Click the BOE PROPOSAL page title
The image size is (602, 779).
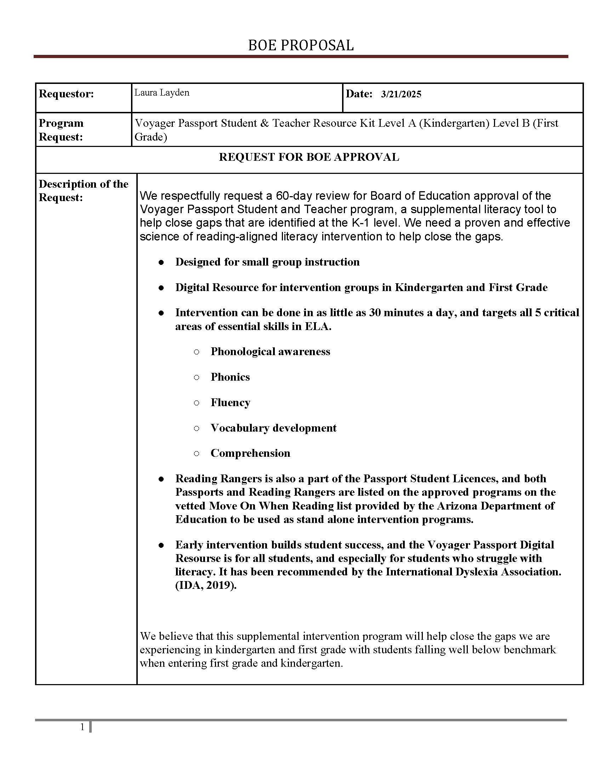coord(301,45)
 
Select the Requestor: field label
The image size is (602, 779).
coord(66,94)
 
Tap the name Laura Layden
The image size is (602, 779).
coord(161,93)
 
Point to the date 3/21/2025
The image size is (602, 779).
coord(401,94)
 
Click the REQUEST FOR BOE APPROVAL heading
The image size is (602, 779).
coord(309,157)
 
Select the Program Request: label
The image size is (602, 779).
coord(61,130)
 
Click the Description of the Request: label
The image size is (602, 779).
coord(83,191)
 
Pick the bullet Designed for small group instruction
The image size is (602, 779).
coord(267,262)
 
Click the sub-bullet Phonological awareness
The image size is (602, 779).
coord(270,352)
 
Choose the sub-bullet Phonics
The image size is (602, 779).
coord(230,377)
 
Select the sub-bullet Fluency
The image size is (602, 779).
coord(231,403)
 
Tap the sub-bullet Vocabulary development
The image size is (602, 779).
coord(273,428)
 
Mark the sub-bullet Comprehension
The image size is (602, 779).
coord(250,453)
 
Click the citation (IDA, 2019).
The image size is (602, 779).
coord(206,586)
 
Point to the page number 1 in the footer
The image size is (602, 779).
coord(83,727)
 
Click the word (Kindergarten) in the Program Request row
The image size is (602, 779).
coord(454,124)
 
